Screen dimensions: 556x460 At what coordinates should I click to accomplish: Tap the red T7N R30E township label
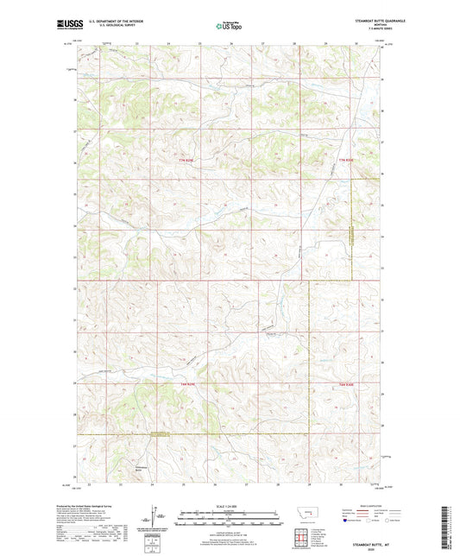[348, 161]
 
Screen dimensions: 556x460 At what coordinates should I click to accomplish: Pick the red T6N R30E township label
[348, 384]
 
